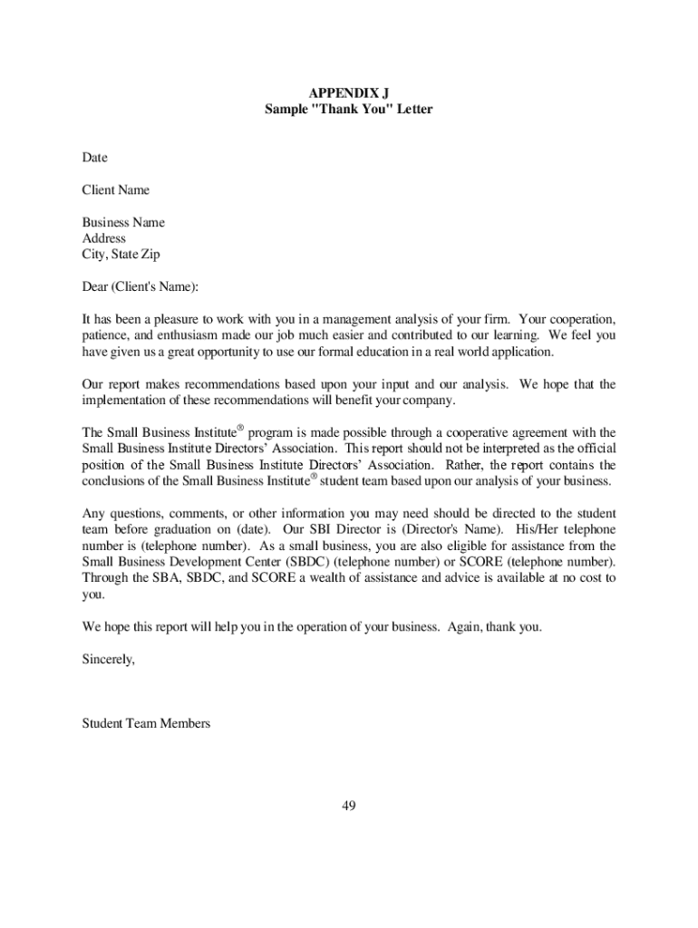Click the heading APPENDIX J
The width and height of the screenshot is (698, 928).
click(x=348, y=93)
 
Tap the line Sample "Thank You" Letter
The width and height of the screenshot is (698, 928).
click(x=348, y=110)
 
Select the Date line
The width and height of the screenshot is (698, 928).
click(x=94, y=158)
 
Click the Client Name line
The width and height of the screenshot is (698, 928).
click(x=116, y=190)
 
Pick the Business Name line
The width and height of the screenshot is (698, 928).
click(x=123, y=223)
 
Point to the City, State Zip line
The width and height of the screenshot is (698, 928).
click(x=121, y=256)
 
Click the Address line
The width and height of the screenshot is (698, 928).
click(x=104, y=239)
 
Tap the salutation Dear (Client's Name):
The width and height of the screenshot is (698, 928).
click(x=140, y=288)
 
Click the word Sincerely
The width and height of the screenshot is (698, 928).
click(x=108, y=660)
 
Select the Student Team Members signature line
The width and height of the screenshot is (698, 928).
click(x=146, y=724)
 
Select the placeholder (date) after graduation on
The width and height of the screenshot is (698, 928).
click(x=250, y=529)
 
